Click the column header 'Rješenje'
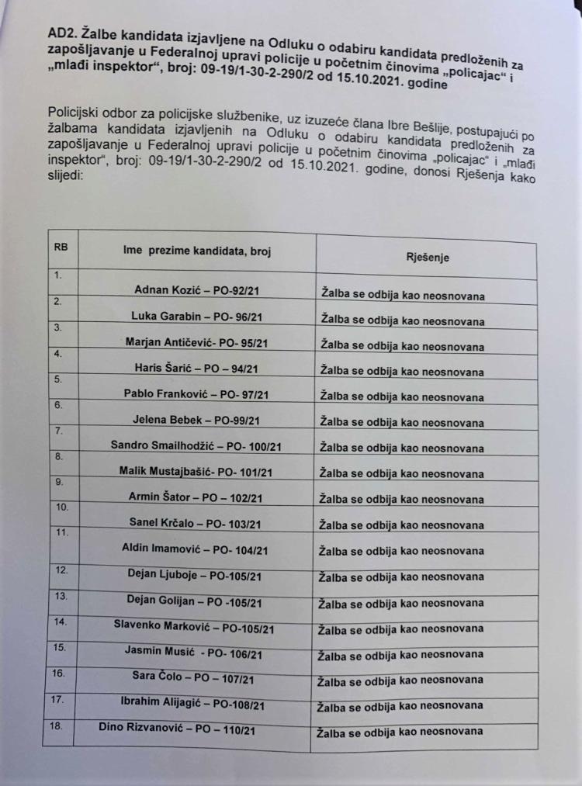tap(427, 258)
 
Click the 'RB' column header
tap(60, 248)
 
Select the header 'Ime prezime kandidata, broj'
tap(197, 252)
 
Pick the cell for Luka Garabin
tap(196, 317)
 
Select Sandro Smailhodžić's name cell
tap(196, 446)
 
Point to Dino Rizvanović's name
tap(177, 729)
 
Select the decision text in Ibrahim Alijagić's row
tap(401, 706)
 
